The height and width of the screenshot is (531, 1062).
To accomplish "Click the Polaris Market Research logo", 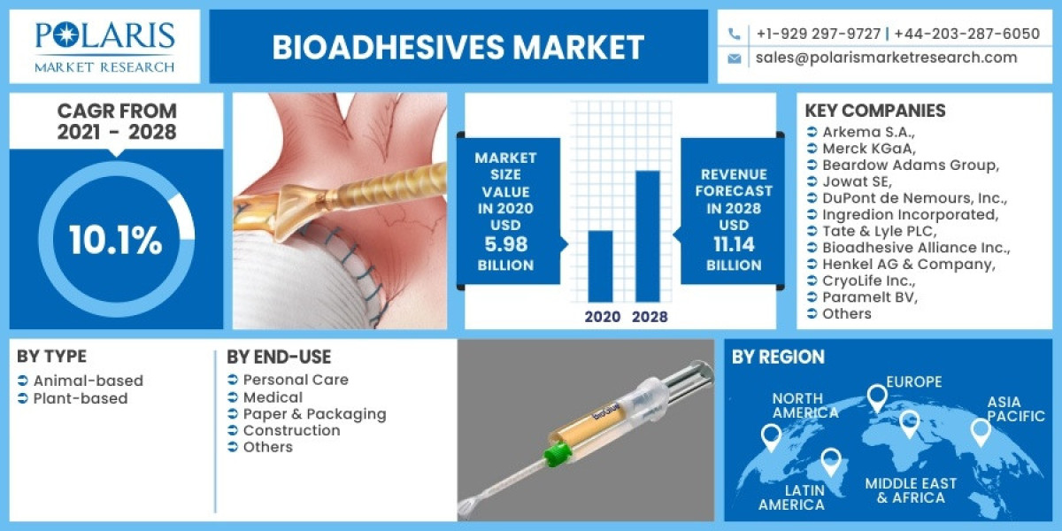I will (x=105, y=46).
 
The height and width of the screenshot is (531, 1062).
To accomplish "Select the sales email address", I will (x=886, y=58).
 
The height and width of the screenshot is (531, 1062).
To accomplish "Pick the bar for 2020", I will (x=600, y=265).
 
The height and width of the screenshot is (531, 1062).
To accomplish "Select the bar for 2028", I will (x=648, y=235).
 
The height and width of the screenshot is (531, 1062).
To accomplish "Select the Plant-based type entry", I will (x=81, y=398).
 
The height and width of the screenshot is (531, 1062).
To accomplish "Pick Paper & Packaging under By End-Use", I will (x=314, y=413).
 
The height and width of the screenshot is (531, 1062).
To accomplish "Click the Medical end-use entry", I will (x=273, y=397).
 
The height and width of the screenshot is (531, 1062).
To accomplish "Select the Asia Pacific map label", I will (x=1016, y=409).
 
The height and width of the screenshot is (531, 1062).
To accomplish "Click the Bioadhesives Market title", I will (x=458, y=47).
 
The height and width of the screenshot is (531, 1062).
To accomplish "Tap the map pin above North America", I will (x=771, y=435).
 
